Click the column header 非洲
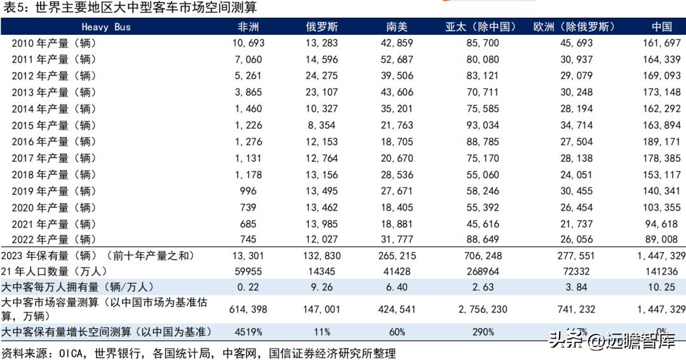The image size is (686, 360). [x=248, y=27]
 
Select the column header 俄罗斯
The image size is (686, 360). [x=323, y=27]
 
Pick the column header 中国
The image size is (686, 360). [x=662, y=27]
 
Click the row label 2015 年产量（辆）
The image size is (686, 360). [x=54, y=125]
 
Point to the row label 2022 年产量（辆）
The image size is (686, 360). [x=54, y=239]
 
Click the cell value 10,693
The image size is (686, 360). [x=248, y=43]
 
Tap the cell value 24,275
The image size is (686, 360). [x=323, y=76]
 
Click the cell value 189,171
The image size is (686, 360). [x=662, y=142]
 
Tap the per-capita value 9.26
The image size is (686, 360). [x=323, y=287]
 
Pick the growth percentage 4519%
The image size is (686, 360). [x=248, y=331]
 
